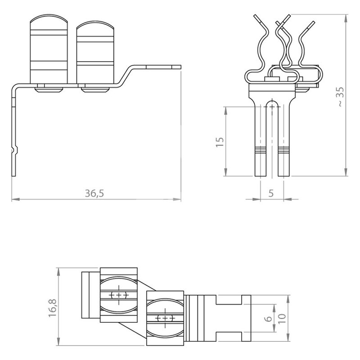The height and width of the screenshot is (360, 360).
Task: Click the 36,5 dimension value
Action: (94, 193)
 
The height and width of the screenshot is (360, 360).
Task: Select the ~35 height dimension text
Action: (341, 96)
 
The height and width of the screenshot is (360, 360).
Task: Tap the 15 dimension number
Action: (220, 142)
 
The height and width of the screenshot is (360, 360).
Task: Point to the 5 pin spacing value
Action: (271, 193)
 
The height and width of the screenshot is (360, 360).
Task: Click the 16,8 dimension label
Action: (53, 308)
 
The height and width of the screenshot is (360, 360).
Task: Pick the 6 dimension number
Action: (268, 319)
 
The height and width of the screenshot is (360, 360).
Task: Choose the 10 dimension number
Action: (282, 319)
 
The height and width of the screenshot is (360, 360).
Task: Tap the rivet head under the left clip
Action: (49, 90)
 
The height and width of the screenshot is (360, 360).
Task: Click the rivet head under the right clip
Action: (95, 90)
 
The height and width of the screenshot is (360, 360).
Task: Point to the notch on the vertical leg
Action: (14, 150)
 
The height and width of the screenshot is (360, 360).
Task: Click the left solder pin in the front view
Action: (261, 138)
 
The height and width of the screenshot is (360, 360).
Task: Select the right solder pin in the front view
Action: (284, 138)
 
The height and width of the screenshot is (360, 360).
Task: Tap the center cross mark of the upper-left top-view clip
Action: (119, 295)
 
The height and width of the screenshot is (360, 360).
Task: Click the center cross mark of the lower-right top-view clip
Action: (165, 318)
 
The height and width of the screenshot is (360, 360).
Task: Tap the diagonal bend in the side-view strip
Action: (125, 76)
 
